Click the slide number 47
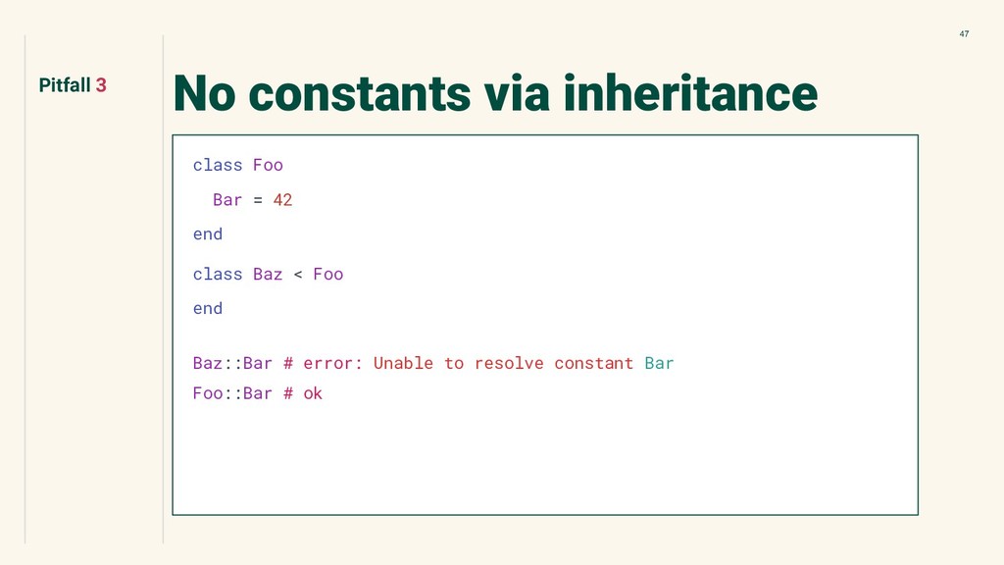click(x=964, y=34)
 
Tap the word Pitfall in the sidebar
click(x=65, y=85)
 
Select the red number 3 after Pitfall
click(x=101, y=85)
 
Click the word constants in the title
click(x=359, y=93)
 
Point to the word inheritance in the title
click(x=690, y=93)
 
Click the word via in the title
click(x=517, y=93)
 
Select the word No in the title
click(x=205, y=93)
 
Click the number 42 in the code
click(x=282, y=200)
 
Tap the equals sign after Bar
click(x=258, y=200)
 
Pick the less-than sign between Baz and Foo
click(x=298, y=275)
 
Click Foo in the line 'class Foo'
click(x=268, y=165)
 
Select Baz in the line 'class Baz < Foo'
click(x=268, y=275)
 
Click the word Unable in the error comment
click(x=403, y=363)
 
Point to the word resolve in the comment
click(x=509, y=364)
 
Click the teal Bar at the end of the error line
click(x=659, y=363)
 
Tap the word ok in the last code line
click(x=313, y=393)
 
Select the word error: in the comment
click(x=333, y=364)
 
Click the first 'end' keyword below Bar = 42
click(x=208, y=234)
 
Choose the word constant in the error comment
click(x=593, y=364)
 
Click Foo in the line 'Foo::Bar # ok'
click(x=208, y=393)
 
